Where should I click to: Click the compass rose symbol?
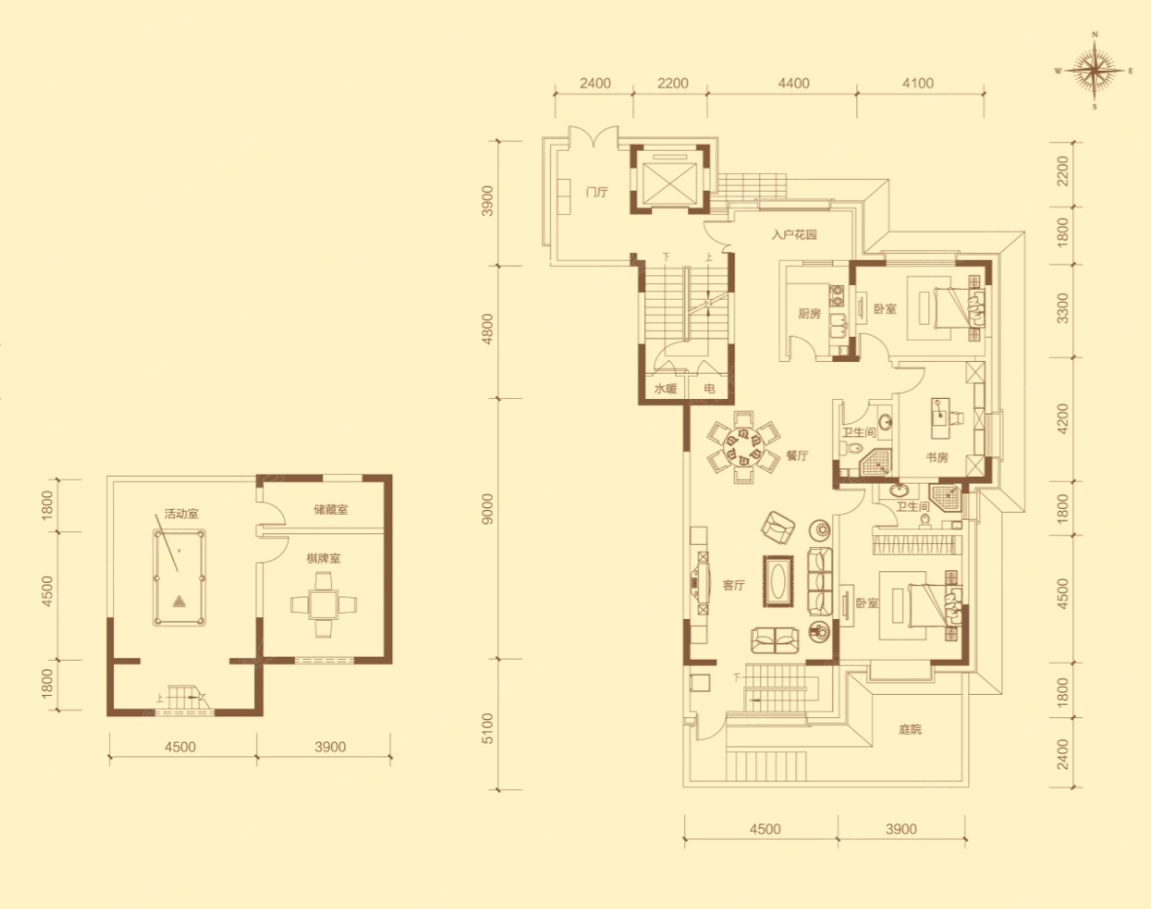point(1095,71)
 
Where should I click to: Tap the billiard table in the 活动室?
point(179,578)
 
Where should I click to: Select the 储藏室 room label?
point(331,509)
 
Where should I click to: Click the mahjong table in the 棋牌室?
point(324,604)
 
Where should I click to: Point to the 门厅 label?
point(596,193)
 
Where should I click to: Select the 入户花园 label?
point(794,235)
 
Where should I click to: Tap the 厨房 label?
point(809,313)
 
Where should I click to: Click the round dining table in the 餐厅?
point(743,447)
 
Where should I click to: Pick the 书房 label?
point(936,457)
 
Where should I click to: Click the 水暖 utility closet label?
point(665,388)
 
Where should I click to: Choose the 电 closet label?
point(709,388)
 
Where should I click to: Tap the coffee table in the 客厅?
point(778,581)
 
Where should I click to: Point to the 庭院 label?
point(910,730)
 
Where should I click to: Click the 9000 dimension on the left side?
point(487,509)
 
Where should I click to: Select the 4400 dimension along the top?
point(794,83)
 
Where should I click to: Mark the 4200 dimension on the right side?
point(1062,418)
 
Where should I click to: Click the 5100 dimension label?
point(487,728)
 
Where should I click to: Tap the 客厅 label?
point(734,585)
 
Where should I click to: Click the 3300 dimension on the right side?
point(1062,309)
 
